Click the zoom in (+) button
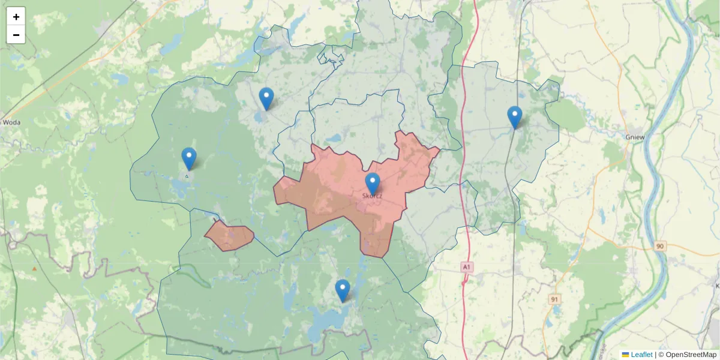click(16, 17)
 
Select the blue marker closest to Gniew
click(514, 117)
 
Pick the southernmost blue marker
click(343, 290)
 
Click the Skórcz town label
click(373, 196)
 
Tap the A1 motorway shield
click(467, 266)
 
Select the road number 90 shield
click(661, 246)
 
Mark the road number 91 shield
click(554, 298)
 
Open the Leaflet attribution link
click(641, 355)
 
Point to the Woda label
click(11, 122)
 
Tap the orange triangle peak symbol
click(34, 269)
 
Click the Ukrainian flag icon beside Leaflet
click(625, 355)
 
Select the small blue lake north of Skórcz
click(334, 138)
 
